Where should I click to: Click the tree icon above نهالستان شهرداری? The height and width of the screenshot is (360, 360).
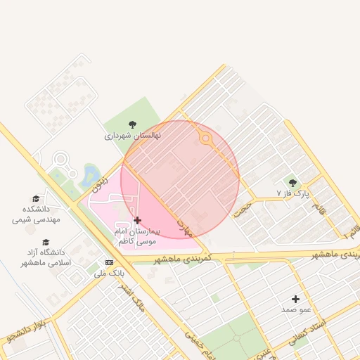[x=132, y=124]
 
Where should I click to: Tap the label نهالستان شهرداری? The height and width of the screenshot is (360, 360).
[x=133, y=135]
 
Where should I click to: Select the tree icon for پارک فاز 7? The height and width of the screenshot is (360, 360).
[x=293, y=183]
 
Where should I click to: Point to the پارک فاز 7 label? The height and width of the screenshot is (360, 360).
[x=292, y=193]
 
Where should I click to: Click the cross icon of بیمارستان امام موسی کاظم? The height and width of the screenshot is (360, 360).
[x=137, y=220]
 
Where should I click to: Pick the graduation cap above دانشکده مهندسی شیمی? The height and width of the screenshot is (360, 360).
[x=36, y=199]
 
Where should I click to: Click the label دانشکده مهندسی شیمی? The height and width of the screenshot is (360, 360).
[x=37, y=214]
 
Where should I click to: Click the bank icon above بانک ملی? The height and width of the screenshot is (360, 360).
[x=108, y=262]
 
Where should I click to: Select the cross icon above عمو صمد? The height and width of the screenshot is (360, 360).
[x=295, y=299]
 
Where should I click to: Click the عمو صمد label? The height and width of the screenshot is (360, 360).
[x=295, y=309]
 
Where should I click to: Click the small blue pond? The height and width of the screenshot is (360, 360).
[x=91, y=174]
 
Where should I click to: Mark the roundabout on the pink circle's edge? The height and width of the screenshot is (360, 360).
[x=206, y=139]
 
